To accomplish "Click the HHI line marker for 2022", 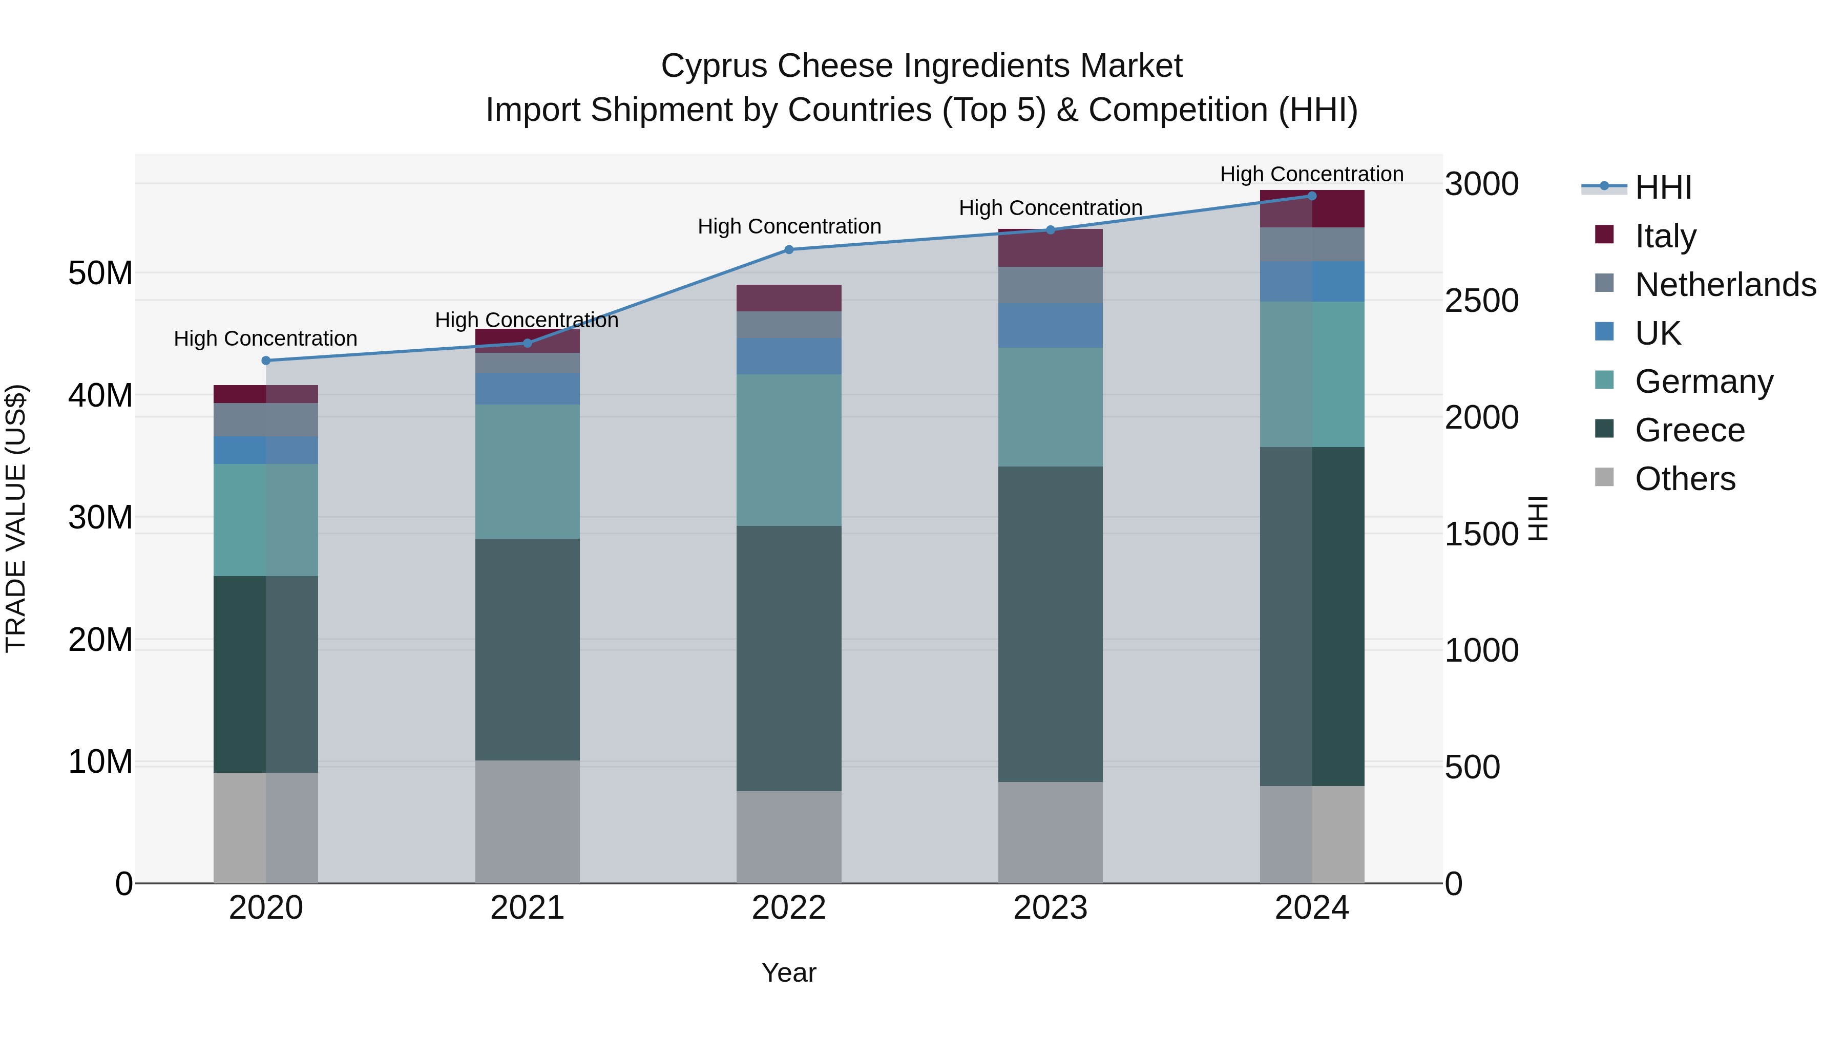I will [x=789, y=250].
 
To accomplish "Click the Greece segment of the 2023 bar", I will [x=1050, y=624].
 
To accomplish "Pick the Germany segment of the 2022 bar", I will [x=789, y=450].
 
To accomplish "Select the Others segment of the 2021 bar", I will [x=527, y=821].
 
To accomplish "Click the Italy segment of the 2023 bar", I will [x=1050, y=248].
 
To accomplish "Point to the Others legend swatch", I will [x=1604, y=477].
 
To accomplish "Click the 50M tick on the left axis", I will [x=100, y=273].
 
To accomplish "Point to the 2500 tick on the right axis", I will [x=1480, y=301].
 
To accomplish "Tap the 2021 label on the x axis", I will [x=527, y=908].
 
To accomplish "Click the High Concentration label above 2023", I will [x=1050, y=208].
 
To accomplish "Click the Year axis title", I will [x=789, y=972].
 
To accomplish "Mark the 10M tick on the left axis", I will [x=100, y=762].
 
